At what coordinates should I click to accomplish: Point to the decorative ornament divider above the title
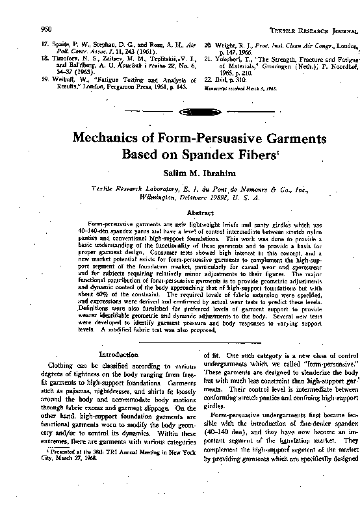[x=179, y=112]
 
